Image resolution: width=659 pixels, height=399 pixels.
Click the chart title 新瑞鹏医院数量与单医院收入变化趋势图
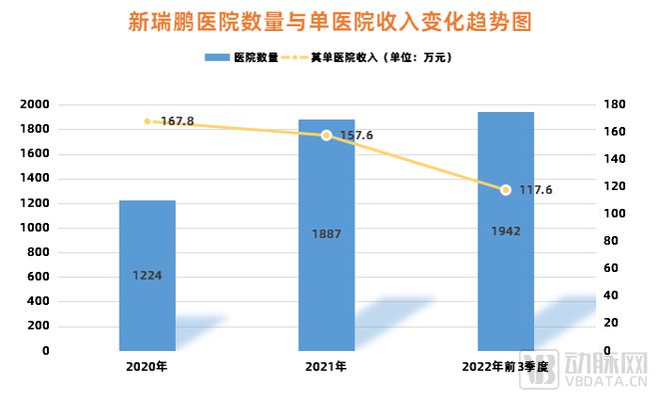click(329, 22)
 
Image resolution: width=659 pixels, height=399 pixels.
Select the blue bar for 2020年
click(148, 290)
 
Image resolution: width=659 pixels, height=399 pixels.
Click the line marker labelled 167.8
click(148, 121)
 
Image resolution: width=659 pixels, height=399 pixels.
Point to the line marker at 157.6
click(327, 135)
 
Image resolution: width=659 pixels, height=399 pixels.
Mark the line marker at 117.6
click(505, 190)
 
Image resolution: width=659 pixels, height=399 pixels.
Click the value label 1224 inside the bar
click(148, 276)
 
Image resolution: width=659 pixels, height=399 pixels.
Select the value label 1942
click(505, 231)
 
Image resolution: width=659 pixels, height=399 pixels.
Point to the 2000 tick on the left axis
click(35, 105)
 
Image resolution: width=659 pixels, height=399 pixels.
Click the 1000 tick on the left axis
click(35, 228)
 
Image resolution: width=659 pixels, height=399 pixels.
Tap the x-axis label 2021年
click(327, 367)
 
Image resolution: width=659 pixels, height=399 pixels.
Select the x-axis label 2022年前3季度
click(505, 367)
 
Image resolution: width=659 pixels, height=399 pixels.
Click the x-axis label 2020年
click(148, 367)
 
